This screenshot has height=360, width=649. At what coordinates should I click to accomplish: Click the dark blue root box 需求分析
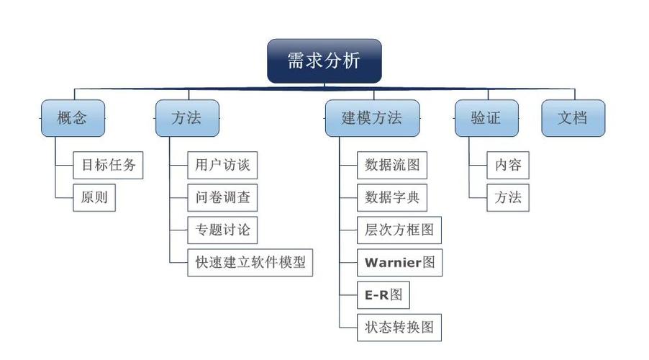(324, 60)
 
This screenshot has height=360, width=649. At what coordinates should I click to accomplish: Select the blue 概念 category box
(72, 118)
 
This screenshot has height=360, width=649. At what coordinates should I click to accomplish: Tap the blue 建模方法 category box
(371, 118)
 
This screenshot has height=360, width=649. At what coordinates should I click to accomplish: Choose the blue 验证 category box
(486, 118)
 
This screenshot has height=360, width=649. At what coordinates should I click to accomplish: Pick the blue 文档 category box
(573, 118)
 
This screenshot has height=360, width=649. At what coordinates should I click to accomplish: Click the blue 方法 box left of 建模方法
(187, 118)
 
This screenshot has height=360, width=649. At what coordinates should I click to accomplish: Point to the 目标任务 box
(108, 165)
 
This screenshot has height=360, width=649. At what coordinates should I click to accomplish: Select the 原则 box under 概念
(94, 197)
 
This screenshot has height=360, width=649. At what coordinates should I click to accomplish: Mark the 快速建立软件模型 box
(250, 262)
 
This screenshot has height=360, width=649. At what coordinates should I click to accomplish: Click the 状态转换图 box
(399, 327)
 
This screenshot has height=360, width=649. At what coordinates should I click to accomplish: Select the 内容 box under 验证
(507, 165)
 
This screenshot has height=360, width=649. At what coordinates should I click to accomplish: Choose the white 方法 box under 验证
(507, 197)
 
